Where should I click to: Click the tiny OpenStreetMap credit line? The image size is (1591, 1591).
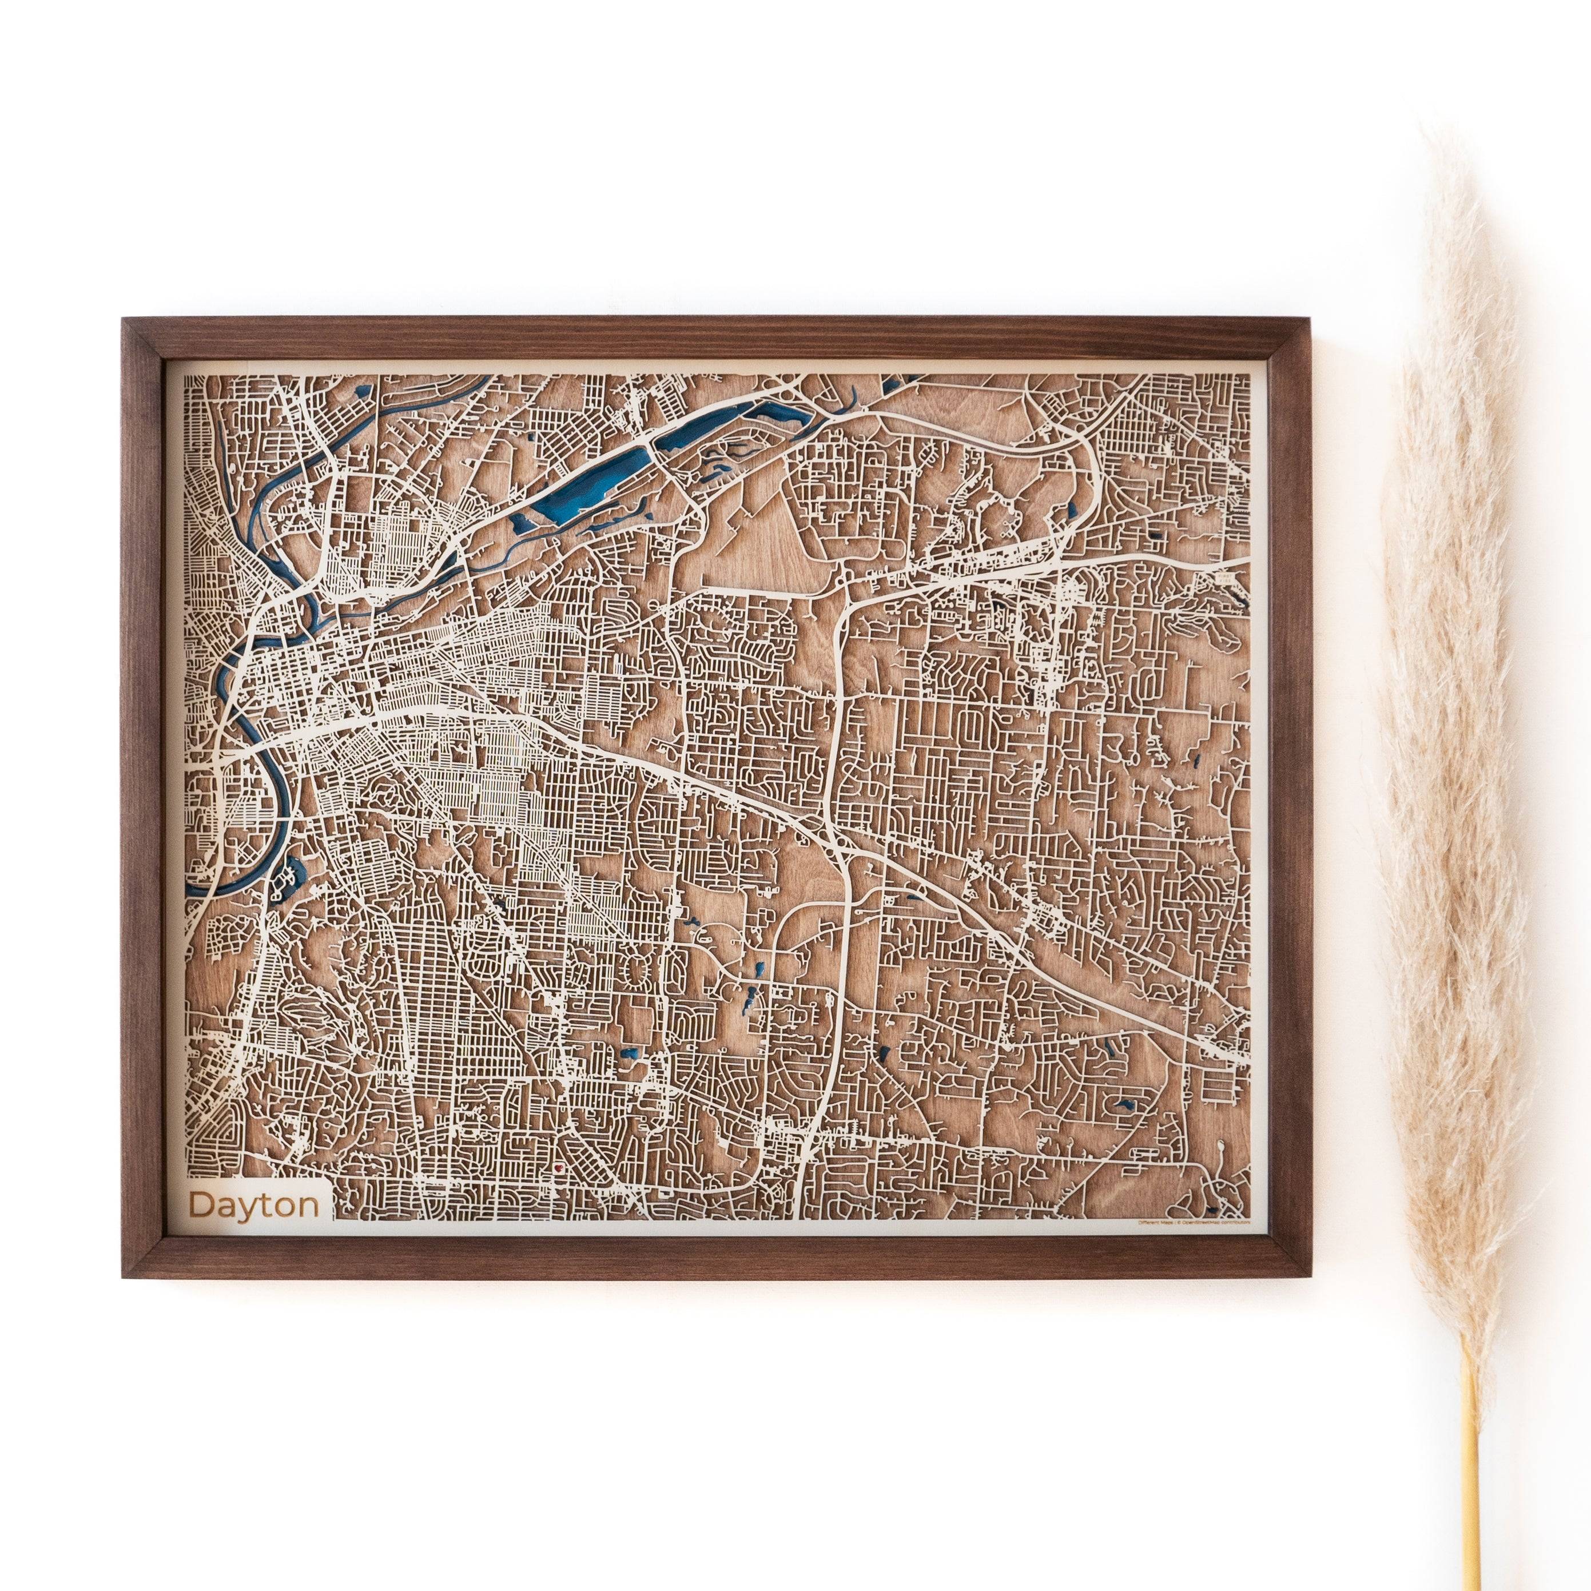click(1194, 1224)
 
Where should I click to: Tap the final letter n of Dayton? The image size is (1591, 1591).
click(308, 1207)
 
